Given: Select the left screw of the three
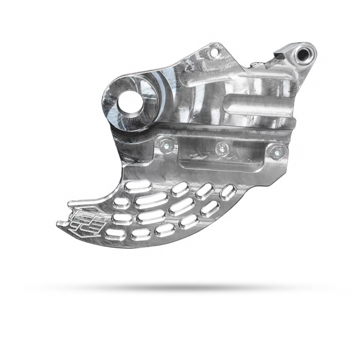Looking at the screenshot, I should [164, 146].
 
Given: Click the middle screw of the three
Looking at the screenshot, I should [221, 149].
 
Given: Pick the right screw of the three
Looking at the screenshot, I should [278, 151].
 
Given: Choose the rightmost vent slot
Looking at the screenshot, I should [227, 192].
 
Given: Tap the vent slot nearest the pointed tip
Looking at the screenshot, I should [114, 235].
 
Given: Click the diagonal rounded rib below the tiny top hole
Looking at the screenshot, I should [206, 77].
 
